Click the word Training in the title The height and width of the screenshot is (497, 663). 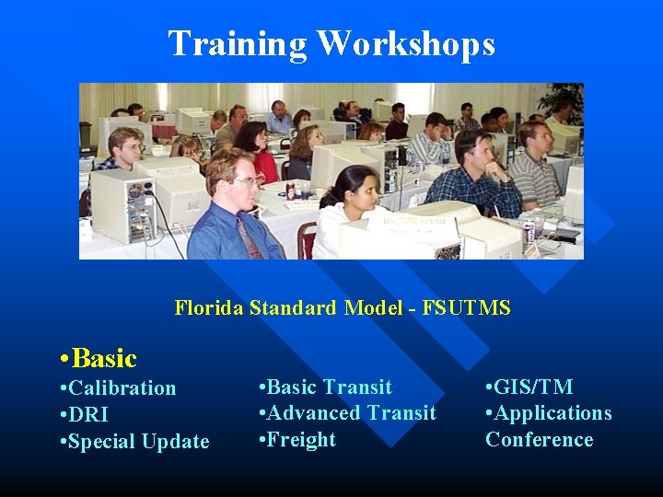(x=238, y=44)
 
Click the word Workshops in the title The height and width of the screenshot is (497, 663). (x=406, y=44)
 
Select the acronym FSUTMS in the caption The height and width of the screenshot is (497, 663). (x=466, y=308)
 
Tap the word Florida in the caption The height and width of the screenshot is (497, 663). (x=209, y=308)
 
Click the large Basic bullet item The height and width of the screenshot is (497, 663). (x=97, y=358)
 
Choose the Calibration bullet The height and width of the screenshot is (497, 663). (x=117, y=388)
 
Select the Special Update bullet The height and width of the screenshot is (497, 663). (x=134, y=442)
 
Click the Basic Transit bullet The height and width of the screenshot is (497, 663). (x=326, y=387)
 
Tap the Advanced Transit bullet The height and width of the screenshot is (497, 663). (x=348, y=413)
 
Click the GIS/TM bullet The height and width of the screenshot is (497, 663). (x=529, y=387)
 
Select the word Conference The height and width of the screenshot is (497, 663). (x=540, y=440)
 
